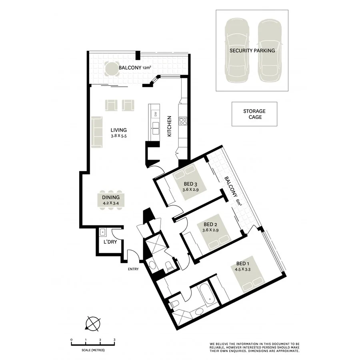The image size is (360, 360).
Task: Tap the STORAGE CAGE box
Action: coord(254,114)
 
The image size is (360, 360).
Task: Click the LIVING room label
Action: coord(119,130)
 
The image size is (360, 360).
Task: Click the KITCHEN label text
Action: coord(169,126)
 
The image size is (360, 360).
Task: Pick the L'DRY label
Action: coord(110,242)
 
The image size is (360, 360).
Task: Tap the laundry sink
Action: coord(102,232)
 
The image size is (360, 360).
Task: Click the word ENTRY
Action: coord(133,269)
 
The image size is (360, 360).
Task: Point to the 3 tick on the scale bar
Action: coord(115,339)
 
